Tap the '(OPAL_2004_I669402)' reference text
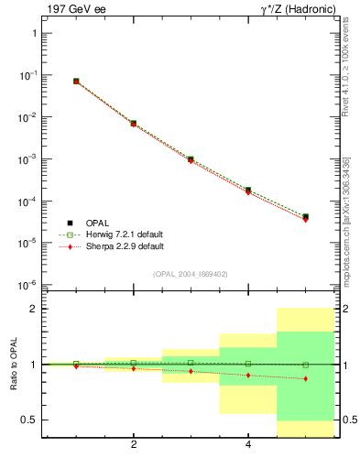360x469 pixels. tap(190, 274)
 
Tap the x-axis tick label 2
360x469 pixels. tap(134, 445)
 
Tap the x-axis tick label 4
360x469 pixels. tap(248, 445)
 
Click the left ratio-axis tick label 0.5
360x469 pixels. tap(30, 420)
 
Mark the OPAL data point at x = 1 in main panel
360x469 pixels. tap(76, 82)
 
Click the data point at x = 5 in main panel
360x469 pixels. tap(305, 217)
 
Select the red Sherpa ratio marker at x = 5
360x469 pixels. tap(305, 378)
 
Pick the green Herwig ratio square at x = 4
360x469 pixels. tap(248, 364)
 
